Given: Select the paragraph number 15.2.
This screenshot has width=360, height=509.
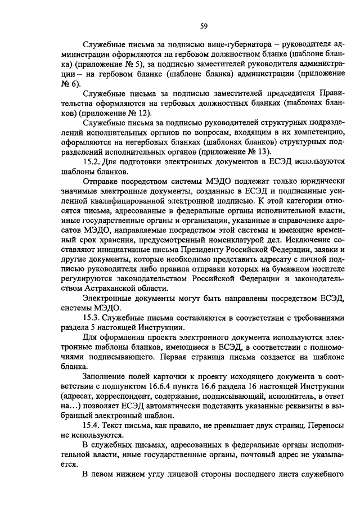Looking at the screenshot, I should [x=92, y=162].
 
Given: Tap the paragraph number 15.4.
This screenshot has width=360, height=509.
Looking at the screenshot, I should [x=92, y=426].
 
